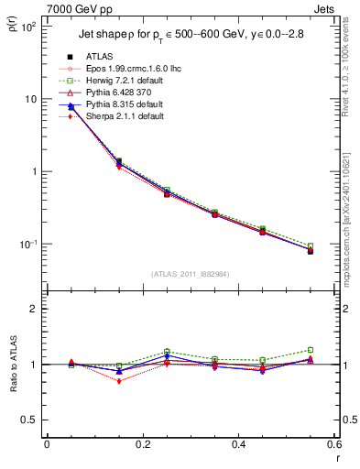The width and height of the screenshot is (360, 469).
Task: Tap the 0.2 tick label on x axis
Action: pos(142,444)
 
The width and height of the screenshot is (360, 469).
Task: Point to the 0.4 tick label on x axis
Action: pos(238,444)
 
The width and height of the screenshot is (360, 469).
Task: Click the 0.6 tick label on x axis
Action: pos(333,444)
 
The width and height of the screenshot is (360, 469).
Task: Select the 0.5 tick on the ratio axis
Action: pos(29,420)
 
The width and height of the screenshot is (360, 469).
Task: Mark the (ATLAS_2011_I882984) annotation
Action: pos(189,273)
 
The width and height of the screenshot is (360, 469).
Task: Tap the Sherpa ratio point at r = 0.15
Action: pos(118,381)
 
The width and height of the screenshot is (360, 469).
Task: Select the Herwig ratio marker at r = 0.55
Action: pos(311,350)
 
